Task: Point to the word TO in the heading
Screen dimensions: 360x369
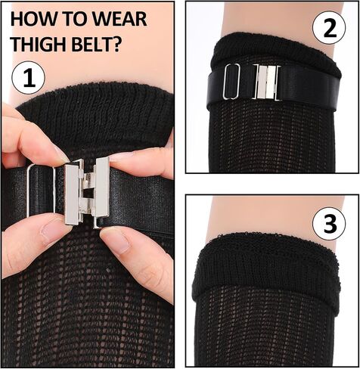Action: click(x=68, y=19)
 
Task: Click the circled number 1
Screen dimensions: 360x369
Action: click(x=29, y=78)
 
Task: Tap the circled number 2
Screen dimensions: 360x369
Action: click(x=329, y=28)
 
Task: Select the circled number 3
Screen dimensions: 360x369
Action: click(x=329, y=223)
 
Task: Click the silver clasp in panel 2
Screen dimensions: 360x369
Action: click(x=267, y=82)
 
